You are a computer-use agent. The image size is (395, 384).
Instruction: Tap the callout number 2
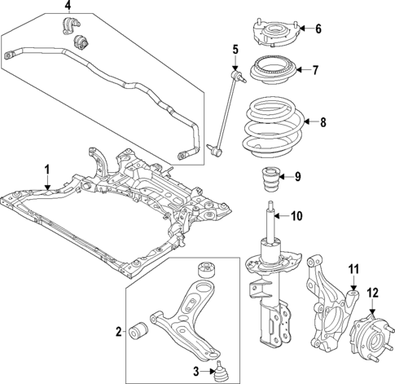pos(119,331)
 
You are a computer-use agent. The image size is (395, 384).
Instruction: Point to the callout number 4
pos(68,11)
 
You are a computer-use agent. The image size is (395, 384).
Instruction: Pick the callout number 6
pos(318,29)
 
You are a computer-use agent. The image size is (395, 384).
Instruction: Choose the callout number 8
pos(323,123)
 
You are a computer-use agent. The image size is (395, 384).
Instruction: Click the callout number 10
pos(296,216)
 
